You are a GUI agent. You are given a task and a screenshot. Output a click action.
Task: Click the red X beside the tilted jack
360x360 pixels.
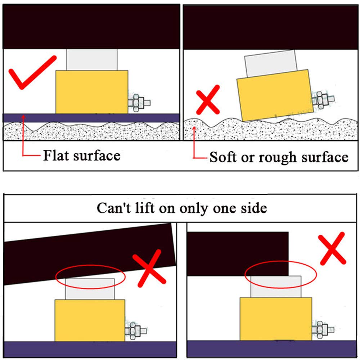[208, 100]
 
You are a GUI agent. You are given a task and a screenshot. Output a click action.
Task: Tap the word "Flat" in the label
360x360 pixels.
[56, 156]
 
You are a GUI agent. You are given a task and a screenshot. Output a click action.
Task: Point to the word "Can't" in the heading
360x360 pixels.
[114, 208]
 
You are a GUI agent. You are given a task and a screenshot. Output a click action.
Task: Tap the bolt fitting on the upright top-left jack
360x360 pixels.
[139, 103]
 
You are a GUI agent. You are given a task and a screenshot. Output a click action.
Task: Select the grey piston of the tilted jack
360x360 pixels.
[271, 63]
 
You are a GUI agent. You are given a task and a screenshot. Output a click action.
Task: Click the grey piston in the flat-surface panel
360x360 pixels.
[92, 60]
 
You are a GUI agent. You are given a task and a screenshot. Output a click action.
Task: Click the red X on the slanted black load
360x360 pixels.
[149, 268]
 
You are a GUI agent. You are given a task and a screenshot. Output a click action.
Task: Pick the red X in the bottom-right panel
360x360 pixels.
[332, 248]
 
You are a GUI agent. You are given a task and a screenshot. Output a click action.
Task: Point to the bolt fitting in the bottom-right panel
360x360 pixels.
[323, 330]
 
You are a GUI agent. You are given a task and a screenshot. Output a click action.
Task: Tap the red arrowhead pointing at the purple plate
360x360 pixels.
[23, 117]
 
